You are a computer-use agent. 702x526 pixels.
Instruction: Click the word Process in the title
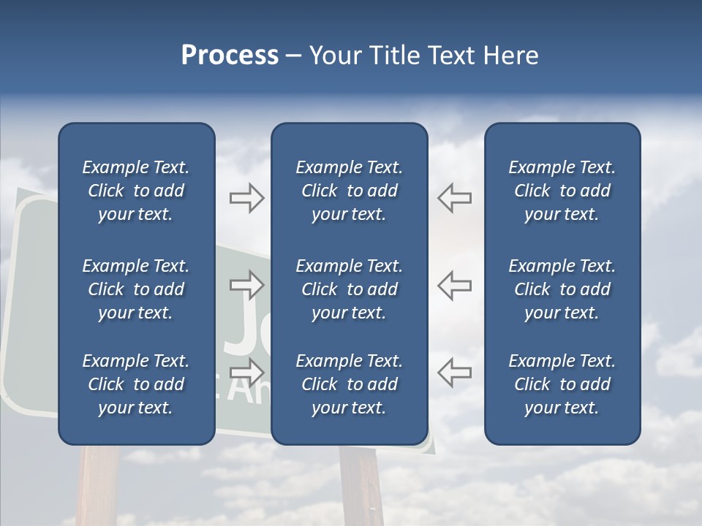(230, 56)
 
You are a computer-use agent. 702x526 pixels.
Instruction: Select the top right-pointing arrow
(246, 198)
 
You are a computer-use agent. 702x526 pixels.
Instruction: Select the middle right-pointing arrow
(246, 284)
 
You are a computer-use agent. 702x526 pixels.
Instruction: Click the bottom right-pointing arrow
(246, 372)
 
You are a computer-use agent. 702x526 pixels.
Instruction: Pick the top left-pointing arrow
(454, 198)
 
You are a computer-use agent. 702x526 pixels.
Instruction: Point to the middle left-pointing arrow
(454, 284)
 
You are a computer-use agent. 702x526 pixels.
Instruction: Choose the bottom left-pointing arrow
(454, 372)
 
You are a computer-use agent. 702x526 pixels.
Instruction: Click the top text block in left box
(136, 191)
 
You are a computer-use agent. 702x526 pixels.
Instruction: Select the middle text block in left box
(136, 289)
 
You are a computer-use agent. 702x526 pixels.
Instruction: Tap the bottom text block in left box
(136, 384)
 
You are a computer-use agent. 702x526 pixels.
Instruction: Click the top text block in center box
(349, 191)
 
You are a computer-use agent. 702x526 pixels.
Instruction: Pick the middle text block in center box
(349, 289)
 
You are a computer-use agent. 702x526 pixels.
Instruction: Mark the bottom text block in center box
(349, 384)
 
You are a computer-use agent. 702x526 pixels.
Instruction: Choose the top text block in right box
(562, 191)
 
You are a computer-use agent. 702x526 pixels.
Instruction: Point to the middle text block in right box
(562, 289)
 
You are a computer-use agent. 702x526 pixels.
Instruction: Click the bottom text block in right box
(562, 384)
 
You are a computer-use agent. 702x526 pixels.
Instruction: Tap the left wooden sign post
(98, 486)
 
